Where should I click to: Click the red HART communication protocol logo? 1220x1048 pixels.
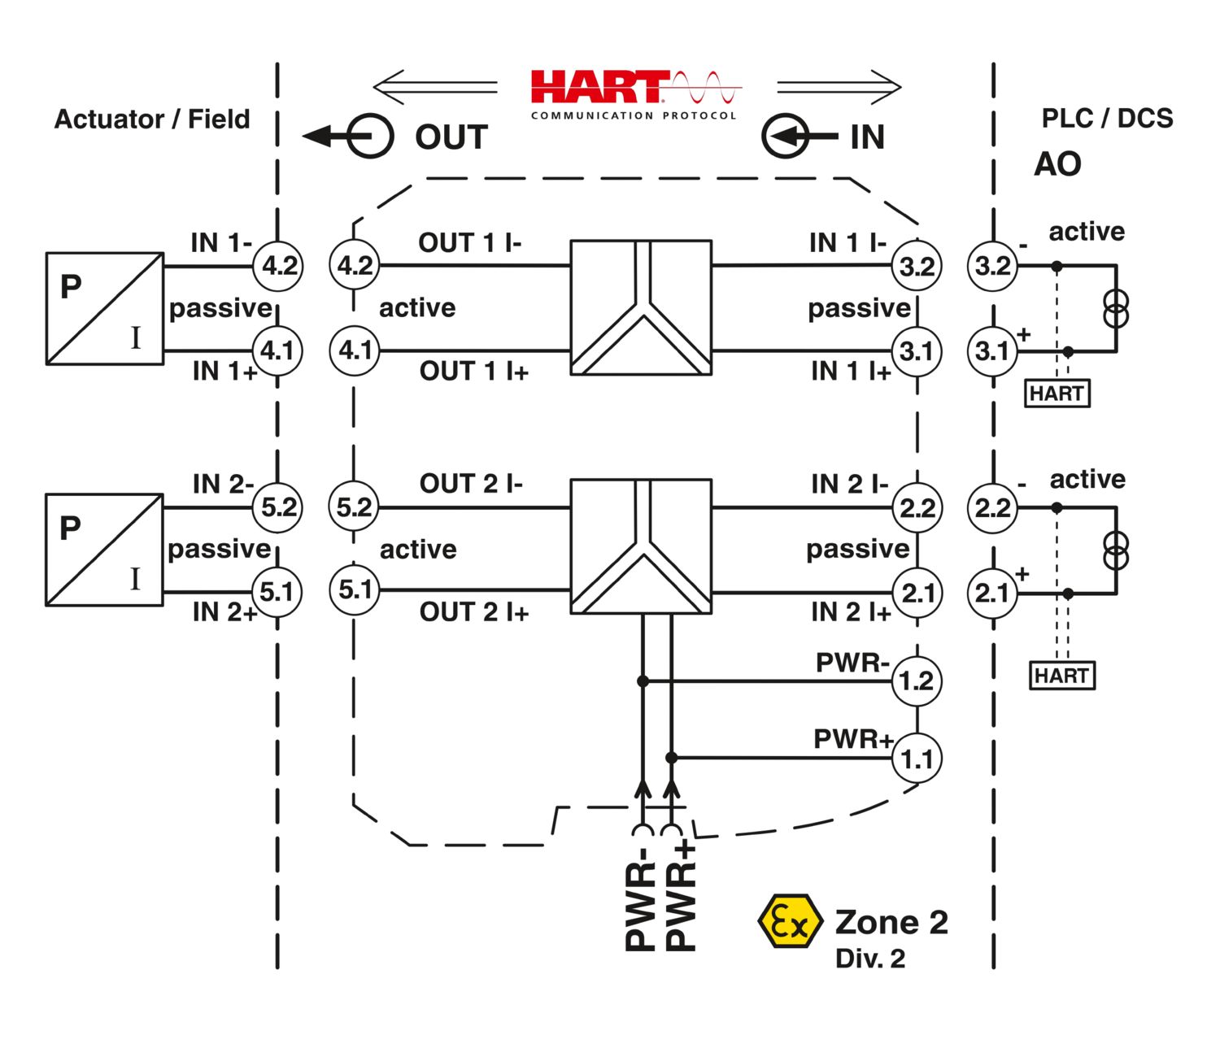636,95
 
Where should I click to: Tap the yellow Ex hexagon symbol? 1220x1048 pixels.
791,921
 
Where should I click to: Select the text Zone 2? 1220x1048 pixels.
891,922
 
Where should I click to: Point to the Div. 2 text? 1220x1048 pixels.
870,959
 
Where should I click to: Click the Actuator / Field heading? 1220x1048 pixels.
152,120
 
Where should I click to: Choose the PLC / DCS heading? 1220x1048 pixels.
1107,119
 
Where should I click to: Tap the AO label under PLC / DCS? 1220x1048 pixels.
1057,164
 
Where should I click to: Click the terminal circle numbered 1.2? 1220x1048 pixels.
917,681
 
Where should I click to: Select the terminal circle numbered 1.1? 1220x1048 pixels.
917,759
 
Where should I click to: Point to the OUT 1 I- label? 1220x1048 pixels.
470,242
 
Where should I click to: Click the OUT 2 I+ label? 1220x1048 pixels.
474,612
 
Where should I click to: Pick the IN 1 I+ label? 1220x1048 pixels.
851,372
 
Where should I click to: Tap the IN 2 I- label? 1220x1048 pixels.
849,484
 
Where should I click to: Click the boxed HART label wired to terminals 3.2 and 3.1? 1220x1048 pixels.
1057,393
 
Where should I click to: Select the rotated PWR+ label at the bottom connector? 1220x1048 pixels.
681,895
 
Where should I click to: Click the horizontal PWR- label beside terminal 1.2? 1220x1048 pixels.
852,663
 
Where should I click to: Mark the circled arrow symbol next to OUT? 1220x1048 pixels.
348,136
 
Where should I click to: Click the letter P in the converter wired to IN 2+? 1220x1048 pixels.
70,528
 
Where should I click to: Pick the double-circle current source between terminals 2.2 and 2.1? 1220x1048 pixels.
1116,550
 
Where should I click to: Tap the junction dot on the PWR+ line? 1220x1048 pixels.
671,758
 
